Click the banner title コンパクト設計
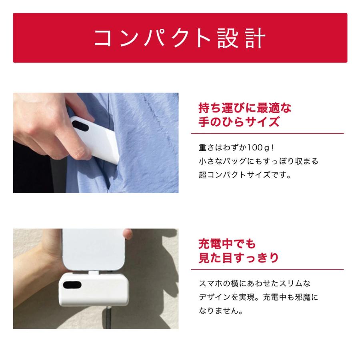[x=180, y=38]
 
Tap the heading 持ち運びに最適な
[x=245, y=108]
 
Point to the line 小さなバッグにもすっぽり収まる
[x=258, y=161]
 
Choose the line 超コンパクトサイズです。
[x=244, y=175]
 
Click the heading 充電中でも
[x=227, y=244]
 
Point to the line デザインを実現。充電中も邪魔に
[x=258, y=297]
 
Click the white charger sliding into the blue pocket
[x=96, y=140]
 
